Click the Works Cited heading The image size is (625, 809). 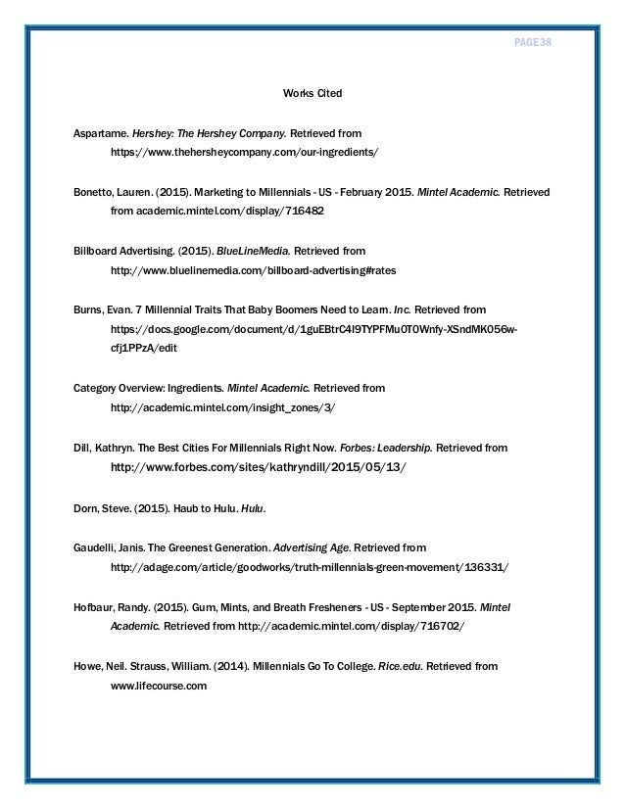tap(312, 95)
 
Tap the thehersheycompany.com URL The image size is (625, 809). tap(244, 154)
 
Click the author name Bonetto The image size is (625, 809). tap(99, 193)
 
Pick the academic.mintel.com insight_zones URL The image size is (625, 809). tap(230, 407)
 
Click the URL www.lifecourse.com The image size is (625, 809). tap(159, 686)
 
